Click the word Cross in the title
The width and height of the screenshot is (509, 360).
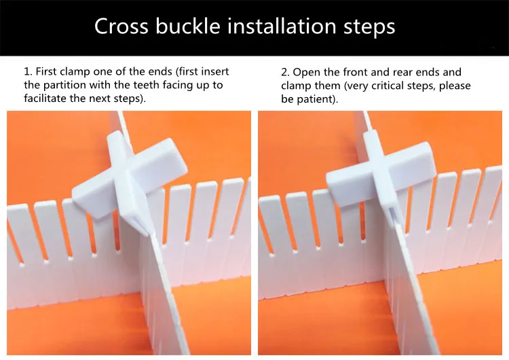click(121, 26)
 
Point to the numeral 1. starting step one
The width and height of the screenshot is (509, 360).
click(28, 71)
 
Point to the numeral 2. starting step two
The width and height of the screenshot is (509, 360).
click(286, 72)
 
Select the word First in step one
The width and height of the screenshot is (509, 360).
click(46, 71)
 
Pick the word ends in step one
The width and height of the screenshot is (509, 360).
click(160, 71)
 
